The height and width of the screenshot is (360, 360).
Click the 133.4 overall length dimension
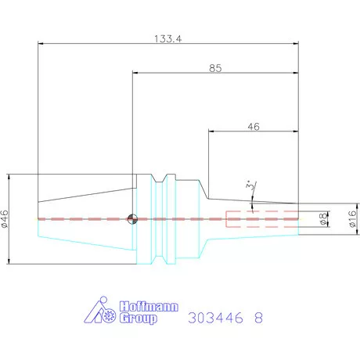click(167, 39)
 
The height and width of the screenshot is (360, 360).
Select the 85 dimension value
click(215, 68)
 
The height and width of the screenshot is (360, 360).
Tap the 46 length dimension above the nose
click(254, 127)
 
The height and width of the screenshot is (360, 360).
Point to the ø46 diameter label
click(5, 219)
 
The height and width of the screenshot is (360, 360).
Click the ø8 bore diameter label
click(323, 219)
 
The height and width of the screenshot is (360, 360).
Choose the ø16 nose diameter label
click(352, 218)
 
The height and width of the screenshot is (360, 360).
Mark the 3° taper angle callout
click(249, 185)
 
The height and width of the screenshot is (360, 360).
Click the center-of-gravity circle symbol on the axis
click(132, 219)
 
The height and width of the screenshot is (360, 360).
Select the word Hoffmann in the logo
click(149, 306)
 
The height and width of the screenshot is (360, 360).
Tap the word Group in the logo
click(139, 319)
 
